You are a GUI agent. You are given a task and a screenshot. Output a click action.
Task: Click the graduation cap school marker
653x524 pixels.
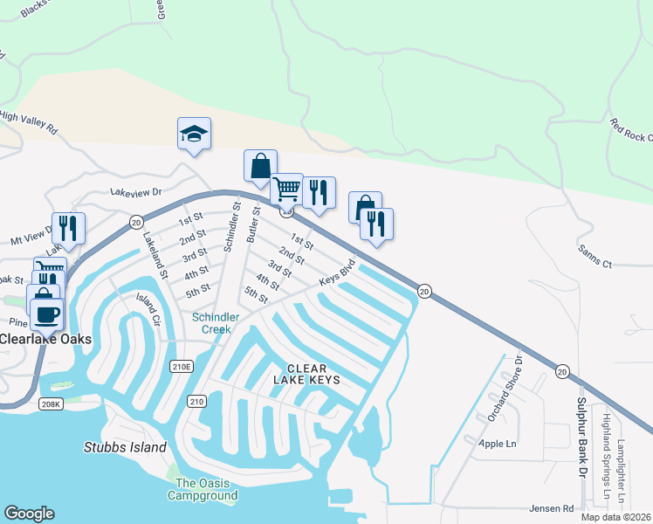tap(194, 134)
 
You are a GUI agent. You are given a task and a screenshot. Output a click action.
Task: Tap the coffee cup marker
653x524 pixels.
tap(46, 312)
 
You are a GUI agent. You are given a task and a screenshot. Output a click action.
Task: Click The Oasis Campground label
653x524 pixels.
tap(206, 489)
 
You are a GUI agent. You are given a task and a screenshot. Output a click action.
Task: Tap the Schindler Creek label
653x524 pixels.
tap(211, 323)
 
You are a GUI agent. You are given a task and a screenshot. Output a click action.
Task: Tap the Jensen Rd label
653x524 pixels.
tap(551, 507)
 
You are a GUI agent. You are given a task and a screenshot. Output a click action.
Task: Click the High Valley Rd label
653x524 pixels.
tap(29, 121)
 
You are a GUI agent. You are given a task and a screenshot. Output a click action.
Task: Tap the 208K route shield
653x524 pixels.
tap(51, 404)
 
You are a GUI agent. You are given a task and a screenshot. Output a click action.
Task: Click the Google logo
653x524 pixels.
tap(29, 514)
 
